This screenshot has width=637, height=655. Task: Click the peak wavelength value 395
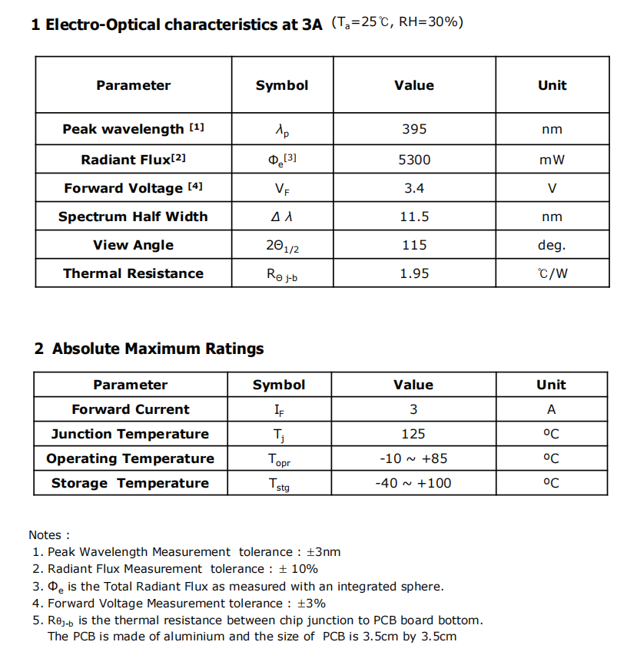tap(414, 129)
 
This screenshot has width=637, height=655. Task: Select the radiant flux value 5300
tap(414, 160)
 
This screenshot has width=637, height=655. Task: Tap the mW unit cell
tap(552, 160)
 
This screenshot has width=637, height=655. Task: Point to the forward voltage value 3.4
tap(414, 188)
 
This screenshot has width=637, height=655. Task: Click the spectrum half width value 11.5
tap(414, 217)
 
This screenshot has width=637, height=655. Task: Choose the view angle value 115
tap(414, 245)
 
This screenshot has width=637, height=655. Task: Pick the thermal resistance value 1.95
tap(414, 273)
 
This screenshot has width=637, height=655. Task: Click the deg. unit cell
tap(552, 245)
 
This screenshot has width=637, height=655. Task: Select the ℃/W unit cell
tap(552, 273)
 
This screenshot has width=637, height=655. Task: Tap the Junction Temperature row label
tap(130, 434)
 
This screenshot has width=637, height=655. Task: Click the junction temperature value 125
tap(413, 434)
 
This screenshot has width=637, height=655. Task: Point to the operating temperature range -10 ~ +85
tap(413, 458)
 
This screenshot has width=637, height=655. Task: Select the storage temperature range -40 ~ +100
tap(413, 483)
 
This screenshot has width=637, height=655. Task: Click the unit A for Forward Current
tap(551, 409)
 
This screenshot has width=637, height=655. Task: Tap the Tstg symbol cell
tap(279, 484)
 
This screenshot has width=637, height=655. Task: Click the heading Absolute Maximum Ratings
tap(158, 349)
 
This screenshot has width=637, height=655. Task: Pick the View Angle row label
tap(134, 245)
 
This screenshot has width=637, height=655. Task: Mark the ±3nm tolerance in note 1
tap(323, 551)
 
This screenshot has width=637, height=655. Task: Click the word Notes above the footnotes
tap(48, 534)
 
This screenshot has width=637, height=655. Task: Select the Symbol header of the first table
tap(282, 85)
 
